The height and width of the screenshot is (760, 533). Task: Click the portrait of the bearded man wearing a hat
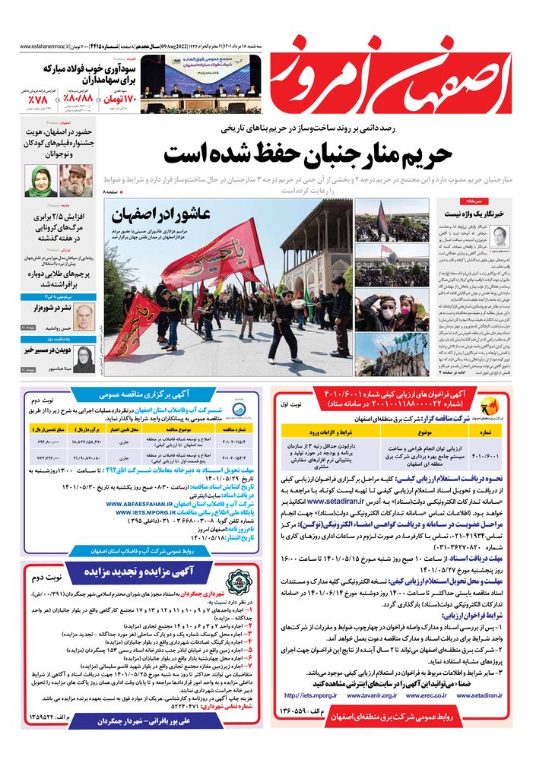(74, 181)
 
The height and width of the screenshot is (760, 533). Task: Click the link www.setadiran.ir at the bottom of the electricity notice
(497, 695)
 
